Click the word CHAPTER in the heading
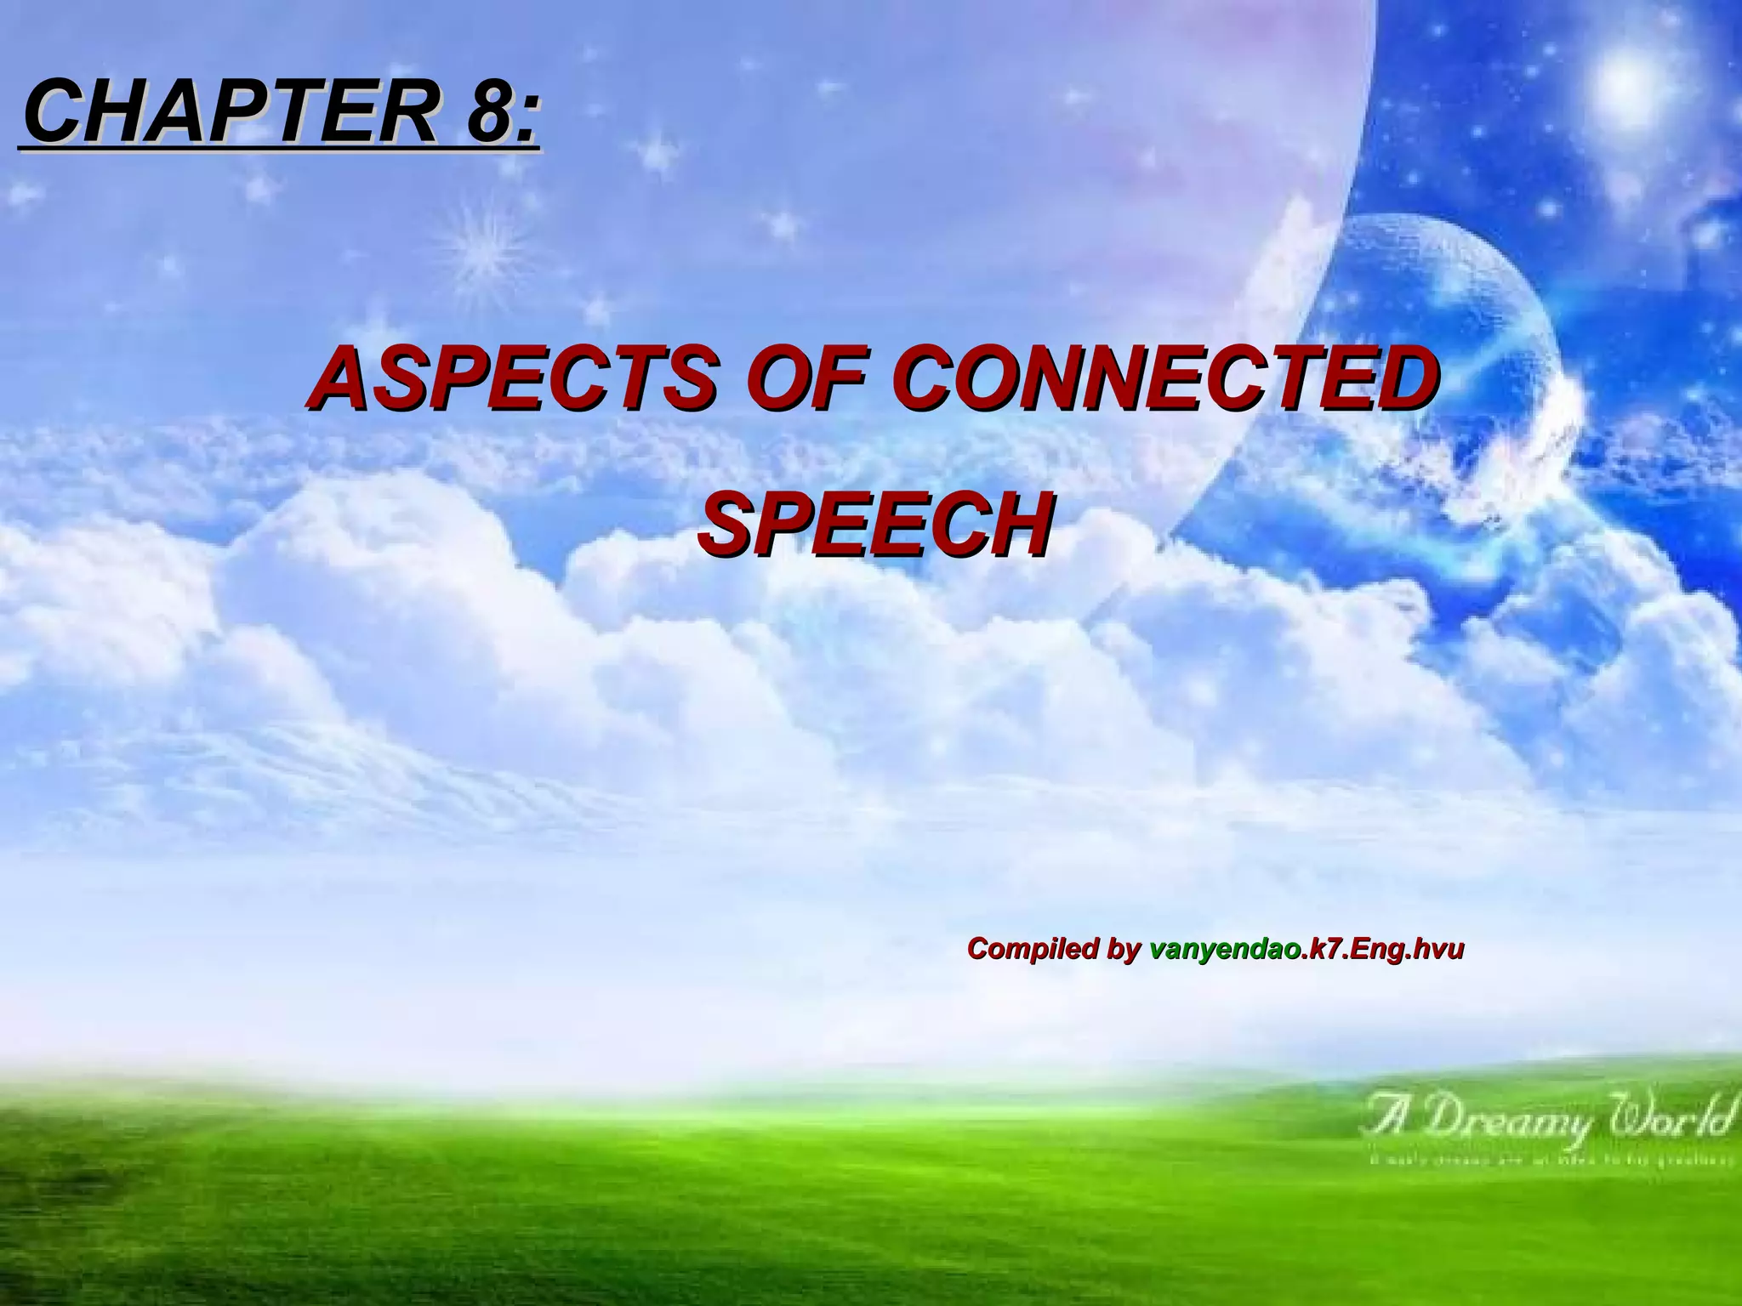pos(230,111)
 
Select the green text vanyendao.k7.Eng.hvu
pos(1306,949)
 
